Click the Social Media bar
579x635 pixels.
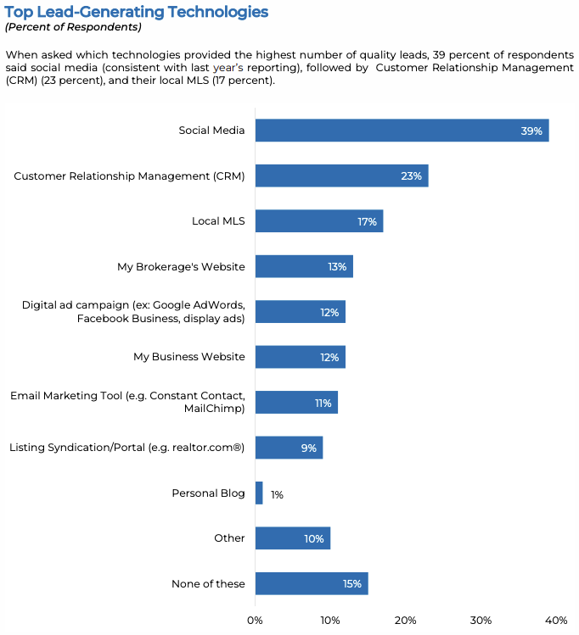point(402,131)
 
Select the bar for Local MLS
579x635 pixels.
point(318,221)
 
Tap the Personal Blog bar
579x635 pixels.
point(259,493)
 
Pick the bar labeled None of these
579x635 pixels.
point(311,584)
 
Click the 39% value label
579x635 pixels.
point(531,131)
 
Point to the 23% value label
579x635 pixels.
point(411,176)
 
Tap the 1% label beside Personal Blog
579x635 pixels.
point(277,494)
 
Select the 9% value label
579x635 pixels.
point(308,448)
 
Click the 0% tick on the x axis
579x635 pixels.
point(255,620)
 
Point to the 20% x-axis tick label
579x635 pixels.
point(405,620)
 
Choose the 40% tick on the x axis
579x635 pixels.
point(555,620)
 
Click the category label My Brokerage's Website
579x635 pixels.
point(181,267)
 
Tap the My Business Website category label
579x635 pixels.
point(188,357)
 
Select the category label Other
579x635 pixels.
point(229,538)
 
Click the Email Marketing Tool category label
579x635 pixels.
point(127,402)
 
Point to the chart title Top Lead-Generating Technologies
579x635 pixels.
point(137,12)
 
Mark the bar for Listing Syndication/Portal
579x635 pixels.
point(289,448)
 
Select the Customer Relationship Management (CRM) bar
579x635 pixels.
point(341,176)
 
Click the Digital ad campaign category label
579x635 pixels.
point(133,312)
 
